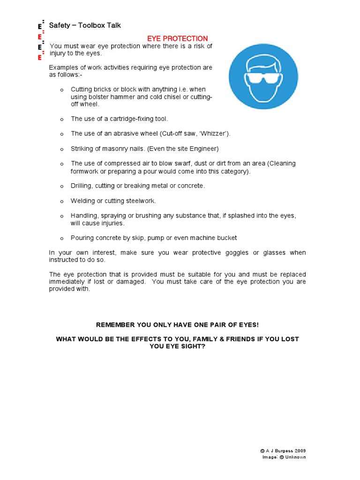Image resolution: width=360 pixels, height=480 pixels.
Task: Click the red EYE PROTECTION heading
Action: click(x=178, y=38)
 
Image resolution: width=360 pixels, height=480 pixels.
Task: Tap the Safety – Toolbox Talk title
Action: click(x=85, y=25)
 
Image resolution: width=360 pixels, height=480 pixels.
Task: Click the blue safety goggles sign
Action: click(x=263, y=76)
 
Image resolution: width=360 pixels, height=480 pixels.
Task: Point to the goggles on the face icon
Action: click(x=263, y=77)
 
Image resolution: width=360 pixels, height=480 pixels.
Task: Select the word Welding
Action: click(x=82, y=201)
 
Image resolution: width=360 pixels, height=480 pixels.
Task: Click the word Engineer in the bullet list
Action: click(x=205, y=149)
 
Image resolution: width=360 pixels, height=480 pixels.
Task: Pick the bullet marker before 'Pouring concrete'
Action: click(x=61, y=238)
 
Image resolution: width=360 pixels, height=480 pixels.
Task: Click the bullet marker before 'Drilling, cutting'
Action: click(x=61, y=186)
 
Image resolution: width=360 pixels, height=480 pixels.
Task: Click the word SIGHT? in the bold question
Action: click(x=192, y=346)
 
